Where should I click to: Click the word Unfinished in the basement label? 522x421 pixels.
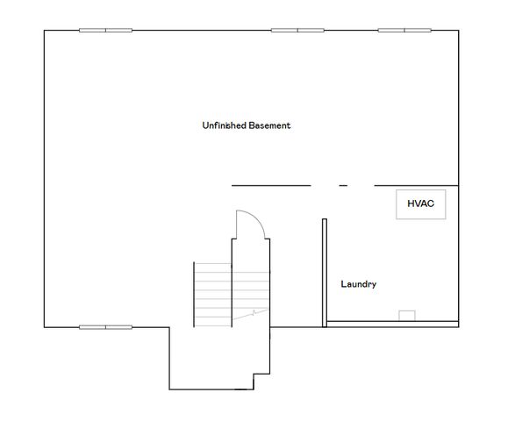point(224,125)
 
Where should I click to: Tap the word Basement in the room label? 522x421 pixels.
point(269,125)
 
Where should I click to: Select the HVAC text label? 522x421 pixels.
point(420,203)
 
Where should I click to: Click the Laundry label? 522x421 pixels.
point(359,284)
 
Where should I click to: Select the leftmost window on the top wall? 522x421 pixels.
point(105,30)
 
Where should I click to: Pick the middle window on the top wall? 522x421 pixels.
point(297,30)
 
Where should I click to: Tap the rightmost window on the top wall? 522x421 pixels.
point(404,30)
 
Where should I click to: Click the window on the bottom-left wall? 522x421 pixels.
point(105,327)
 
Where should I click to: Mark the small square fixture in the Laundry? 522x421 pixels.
point(406,316)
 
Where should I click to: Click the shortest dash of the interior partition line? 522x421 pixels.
point(343,185)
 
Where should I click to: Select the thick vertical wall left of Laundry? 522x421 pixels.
point(324,272)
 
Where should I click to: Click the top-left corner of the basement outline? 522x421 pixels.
point(45,31)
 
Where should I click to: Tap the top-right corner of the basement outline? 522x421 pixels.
point(458,31)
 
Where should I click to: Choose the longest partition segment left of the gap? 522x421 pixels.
point(271,185)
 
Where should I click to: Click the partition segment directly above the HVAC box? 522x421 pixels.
point(417,185)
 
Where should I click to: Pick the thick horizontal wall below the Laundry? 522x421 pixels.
point(392,325)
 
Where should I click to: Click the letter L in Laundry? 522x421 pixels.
point(343,284)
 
